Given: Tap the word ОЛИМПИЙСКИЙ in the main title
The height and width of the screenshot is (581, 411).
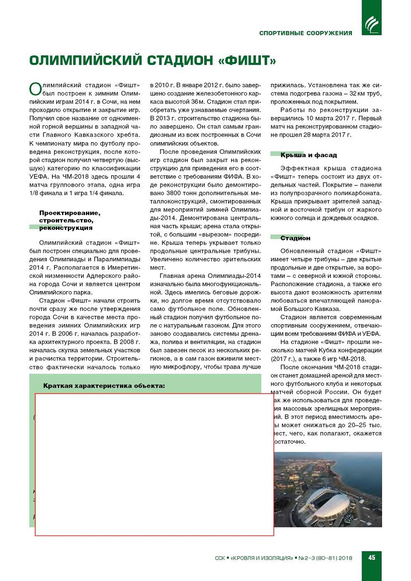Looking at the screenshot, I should [x=86, y=61].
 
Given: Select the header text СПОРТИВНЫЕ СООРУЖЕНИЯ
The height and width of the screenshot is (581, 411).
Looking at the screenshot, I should [x=305, y=33].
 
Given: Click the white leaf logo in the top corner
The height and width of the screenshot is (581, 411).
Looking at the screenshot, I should [x=372, y=24].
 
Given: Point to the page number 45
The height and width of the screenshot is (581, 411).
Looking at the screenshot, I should [x=372, y=558].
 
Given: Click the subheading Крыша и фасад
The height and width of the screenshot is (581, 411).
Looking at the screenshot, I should [x=308, y=155].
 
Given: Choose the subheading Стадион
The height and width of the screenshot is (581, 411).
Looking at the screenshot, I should [x=295, y=238].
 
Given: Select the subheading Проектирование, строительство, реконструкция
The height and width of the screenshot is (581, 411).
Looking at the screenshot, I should [x=69, y=220].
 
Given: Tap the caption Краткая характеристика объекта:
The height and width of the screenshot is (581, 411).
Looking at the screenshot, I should [x=104, y=386].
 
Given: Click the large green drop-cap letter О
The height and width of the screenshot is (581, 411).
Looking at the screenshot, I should [x=35, y=89].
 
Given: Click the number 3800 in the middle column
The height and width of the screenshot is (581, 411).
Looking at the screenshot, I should [x=174, y=193].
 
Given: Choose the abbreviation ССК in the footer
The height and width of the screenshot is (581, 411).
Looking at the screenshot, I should [x=220, y=558].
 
